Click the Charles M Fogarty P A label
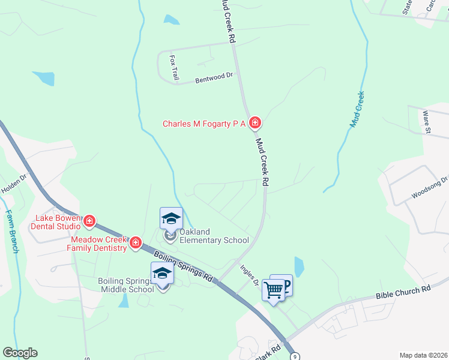click(204, 124)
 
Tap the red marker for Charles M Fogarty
click(255, 124)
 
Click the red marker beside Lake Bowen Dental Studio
click(89, 221)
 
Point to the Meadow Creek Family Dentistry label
click(97, 244)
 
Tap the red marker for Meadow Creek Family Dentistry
click(136, 243)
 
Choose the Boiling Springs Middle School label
click(126, 285)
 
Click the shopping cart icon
click(274, 290)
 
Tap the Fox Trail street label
click(175, 68)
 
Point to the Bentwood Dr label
click(214, 77)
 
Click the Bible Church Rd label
click(403, 292)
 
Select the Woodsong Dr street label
click(430, 188)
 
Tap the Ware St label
click(427, 121)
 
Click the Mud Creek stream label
click(358, 109)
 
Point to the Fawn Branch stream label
click(11, 231)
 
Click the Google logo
click(20, 353)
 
